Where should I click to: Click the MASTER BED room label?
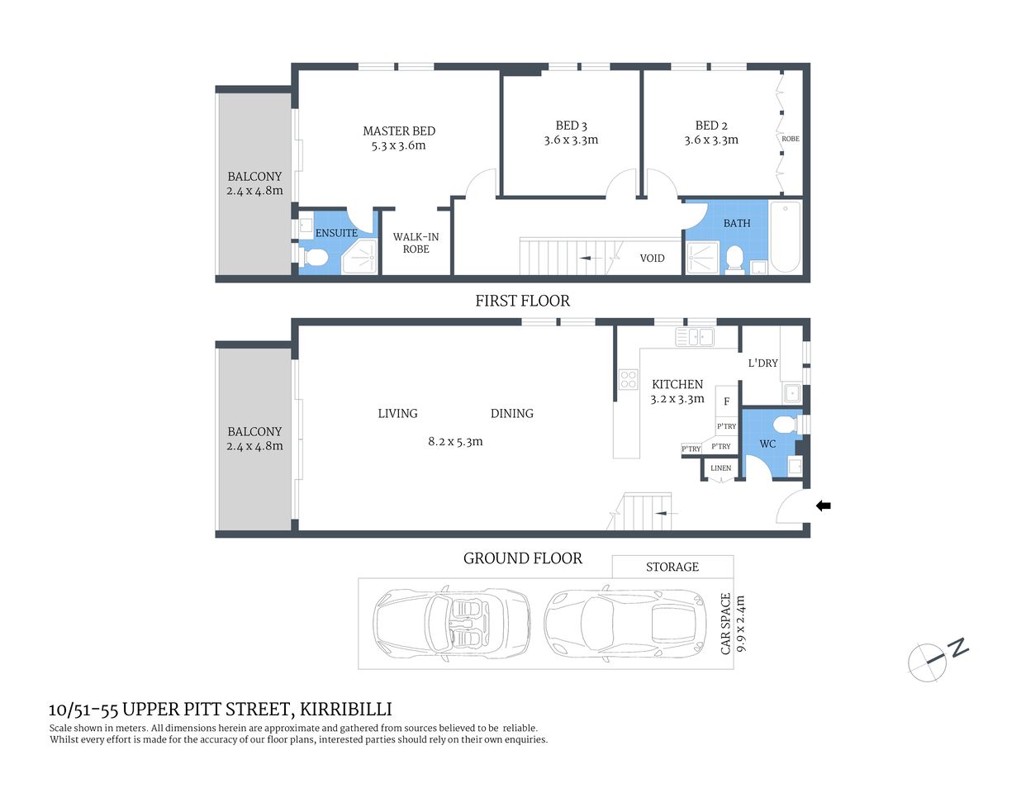(x=398, y=131)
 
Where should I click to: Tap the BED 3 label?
(x=571, y=126)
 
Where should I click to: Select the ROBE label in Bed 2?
(x=791, y=139)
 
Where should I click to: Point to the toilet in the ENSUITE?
(x=313, y=258)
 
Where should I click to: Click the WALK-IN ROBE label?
(x=416, y=243)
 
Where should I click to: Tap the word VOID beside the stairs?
(x=652, y=258)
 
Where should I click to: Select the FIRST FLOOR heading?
(x=522, y=301)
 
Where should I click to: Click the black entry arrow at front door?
(x=824, y=506)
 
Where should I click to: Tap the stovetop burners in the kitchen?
(x=629, y=380)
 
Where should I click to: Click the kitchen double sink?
(x=695, y=336)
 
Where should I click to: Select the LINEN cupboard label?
(x=720, y=468)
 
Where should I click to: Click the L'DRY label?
(x=762, y=363)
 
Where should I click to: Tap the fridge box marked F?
(x=726, y=401)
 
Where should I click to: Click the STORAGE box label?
(x=672, y=567)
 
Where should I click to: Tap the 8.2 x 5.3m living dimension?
(x=455, y=441)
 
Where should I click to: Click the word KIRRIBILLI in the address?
(x=345, y=709)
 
